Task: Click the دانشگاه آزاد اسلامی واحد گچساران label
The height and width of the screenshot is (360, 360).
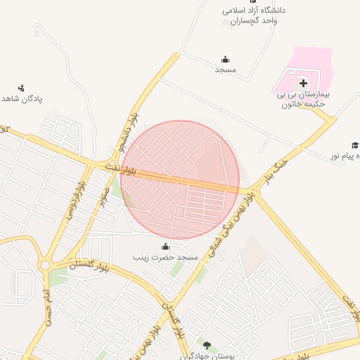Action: tap(255, 15)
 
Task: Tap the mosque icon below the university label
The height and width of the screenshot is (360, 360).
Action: tap(225, 59)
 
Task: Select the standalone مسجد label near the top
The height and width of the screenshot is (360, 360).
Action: tap(225, 70)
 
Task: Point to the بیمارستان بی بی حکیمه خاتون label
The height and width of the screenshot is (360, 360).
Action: tap(302, 98)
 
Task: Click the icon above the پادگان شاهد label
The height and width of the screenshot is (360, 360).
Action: tap(21, 88)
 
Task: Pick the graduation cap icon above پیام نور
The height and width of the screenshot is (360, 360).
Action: tap(355, 144)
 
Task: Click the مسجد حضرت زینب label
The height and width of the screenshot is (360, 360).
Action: tap(166, 258)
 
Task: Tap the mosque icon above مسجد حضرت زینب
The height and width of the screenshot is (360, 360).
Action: tap(165, 247)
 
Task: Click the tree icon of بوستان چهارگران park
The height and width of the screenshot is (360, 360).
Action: tap(206, 345)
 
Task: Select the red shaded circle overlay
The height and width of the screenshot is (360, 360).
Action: tap(180, 179)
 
